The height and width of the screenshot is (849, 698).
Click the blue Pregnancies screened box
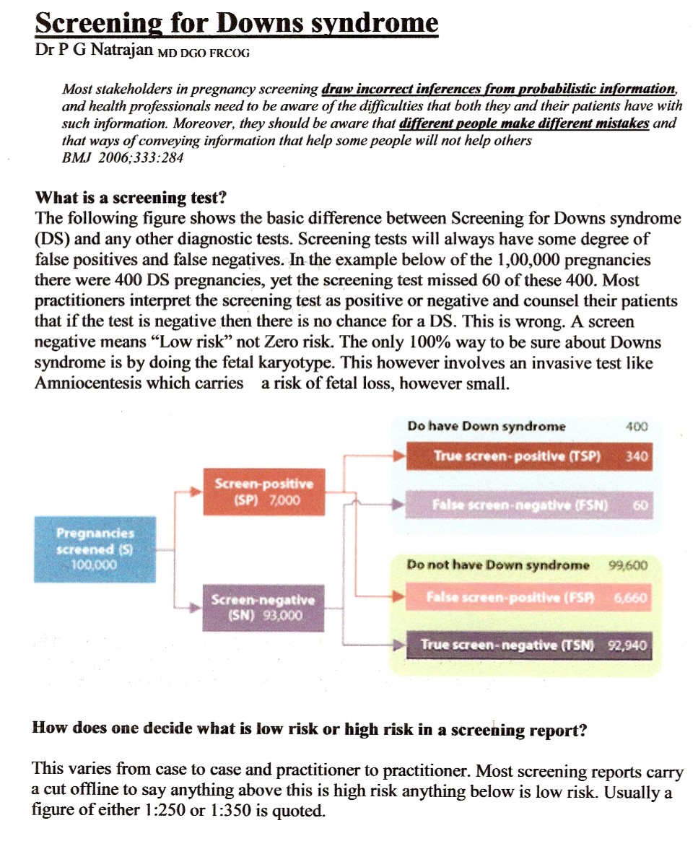tap(95, 549)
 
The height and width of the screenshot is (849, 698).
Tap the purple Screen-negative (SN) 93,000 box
tap(263, 609)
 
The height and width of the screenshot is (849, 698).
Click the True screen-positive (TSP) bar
tap(528, 456)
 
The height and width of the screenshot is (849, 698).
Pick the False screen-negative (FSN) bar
tap(528, 505)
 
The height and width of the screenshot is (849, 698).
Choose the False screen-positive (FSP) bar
tap(528, 598)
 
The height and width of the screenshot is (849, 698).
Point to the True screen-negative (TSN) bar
tap(528, 645)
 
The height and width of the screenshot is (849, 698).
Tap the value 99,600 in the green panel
tap(629, 565)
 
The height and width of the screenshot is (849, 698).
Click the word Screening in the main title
tap(95, 24)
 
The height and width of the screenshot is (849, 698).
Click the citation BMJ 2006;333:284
tap(123, 157)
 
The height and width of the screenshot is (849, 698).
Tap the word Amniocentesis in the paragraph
tap(87, 383)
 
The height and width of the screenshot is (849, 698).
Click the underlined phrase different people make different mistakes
tap(524, 123)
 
